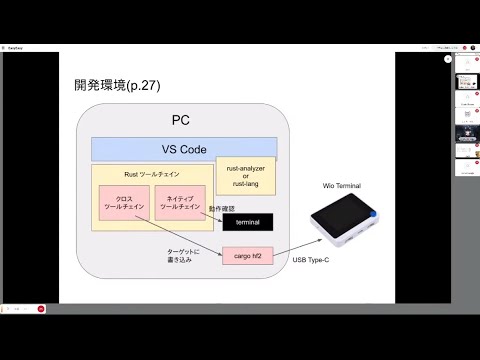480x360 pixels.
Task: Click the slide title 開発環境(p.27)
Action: (x=118, y=86)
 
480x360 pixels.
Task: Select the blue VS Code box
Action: (x=184, y=149)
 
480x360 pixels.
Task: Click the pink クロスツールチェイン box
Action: (x=124, y=202)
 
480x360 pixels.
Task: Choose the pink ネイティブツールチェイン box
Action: (x=180, y=202)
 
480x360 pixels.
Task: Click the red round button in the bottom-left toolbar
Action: (x=41, y=309)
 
